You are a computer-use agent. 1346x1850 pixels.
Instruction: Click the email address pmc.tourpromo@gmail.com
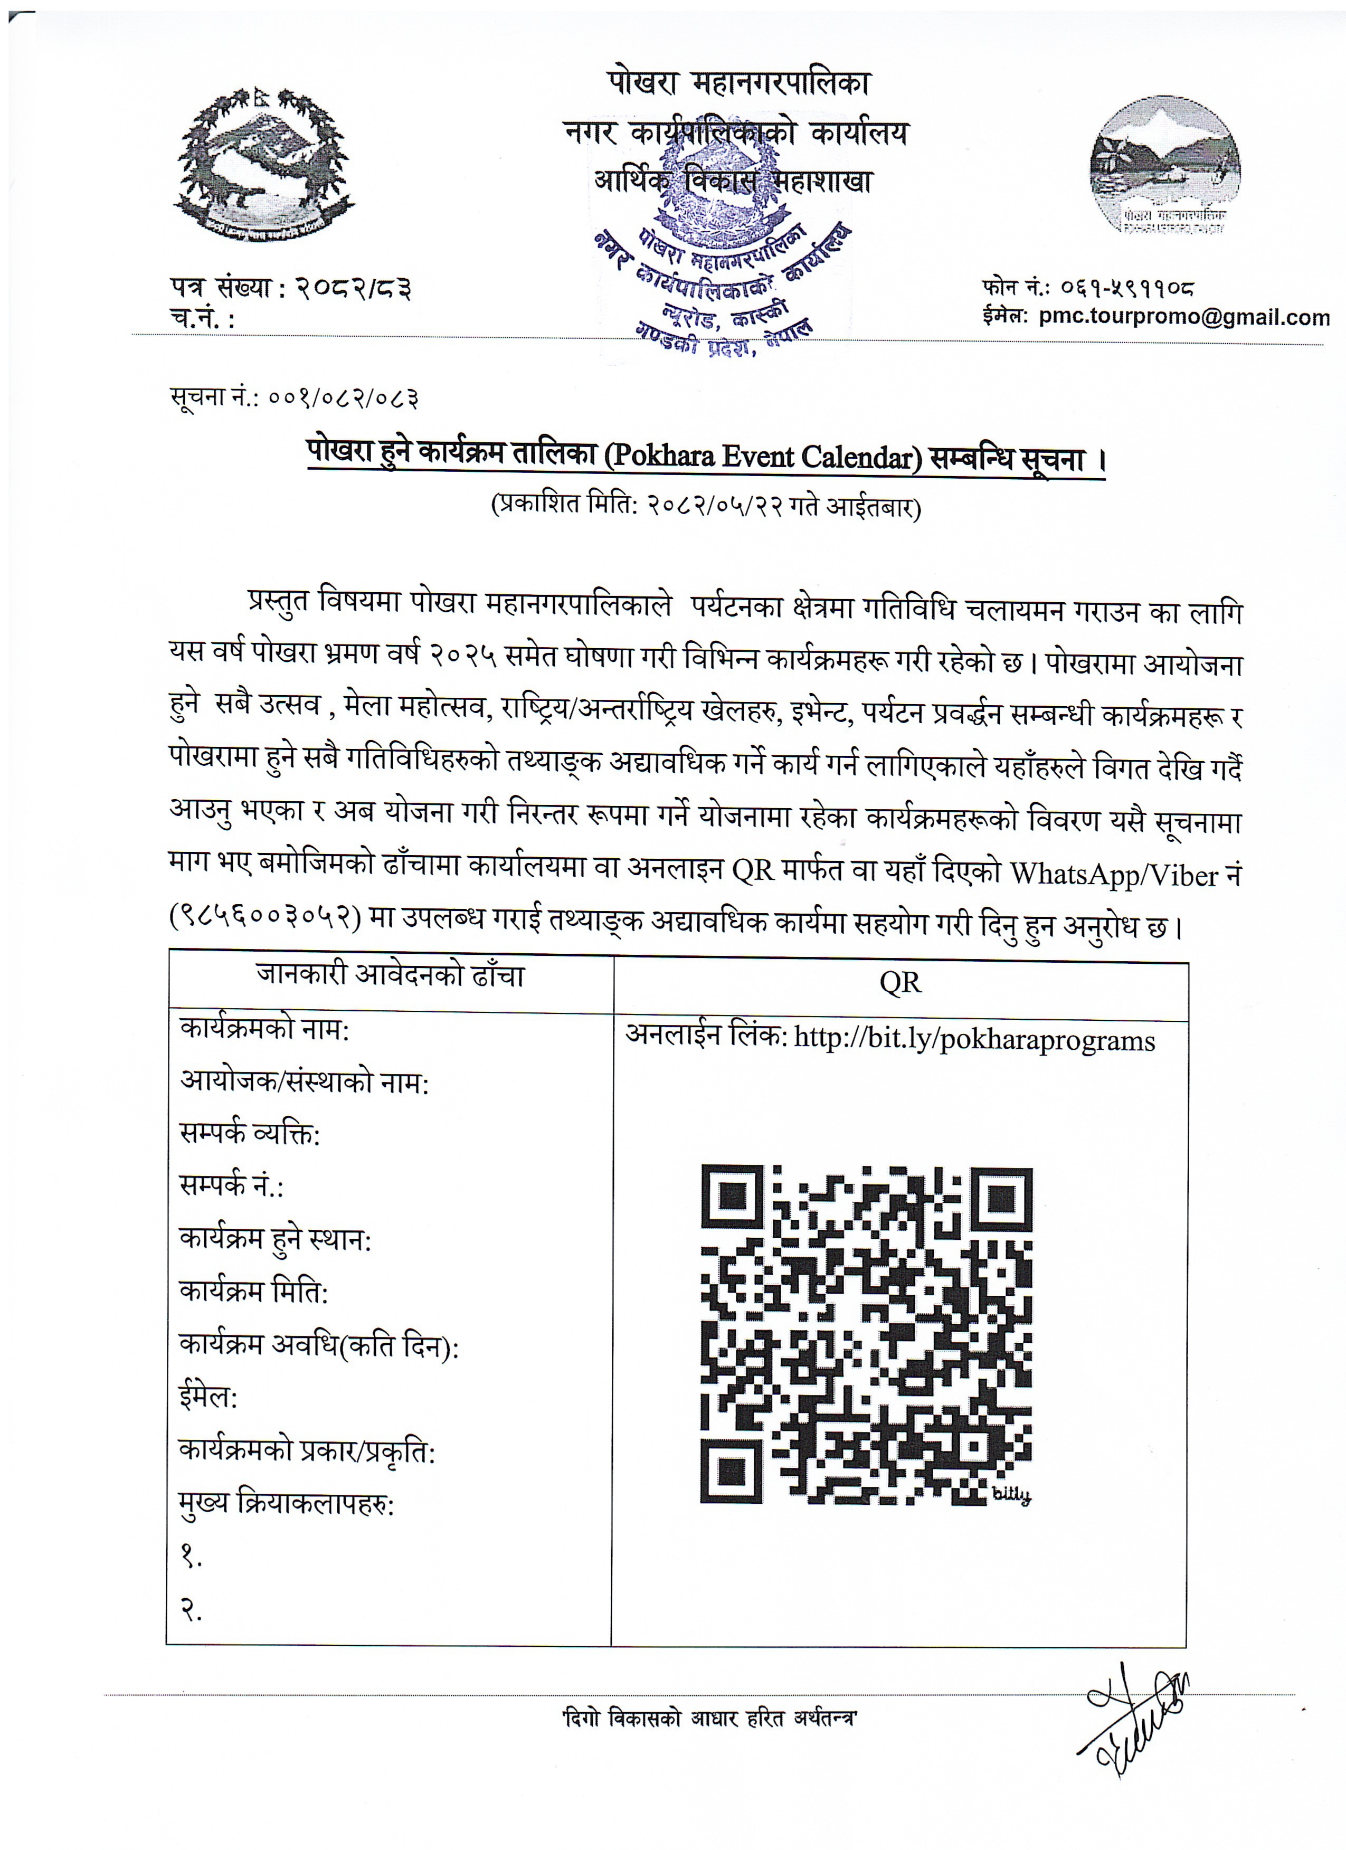point(1183,317)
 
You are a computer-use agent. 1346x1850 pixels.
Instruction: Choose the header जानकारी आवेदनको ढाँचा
point(390,975)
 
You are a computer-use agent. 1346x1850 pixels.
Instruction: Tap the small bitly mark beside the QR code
point(1011,1494)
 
